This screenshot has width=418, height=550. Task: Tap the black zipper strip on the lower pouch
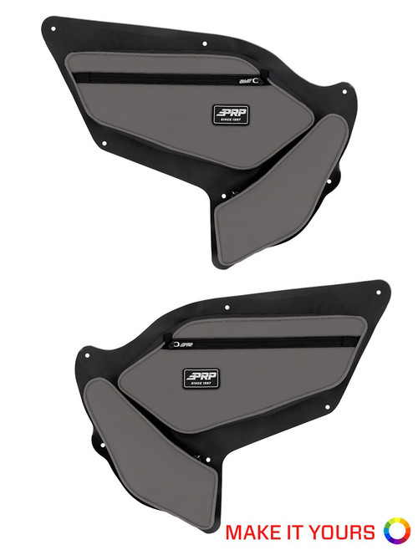[x=268, y=339]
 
